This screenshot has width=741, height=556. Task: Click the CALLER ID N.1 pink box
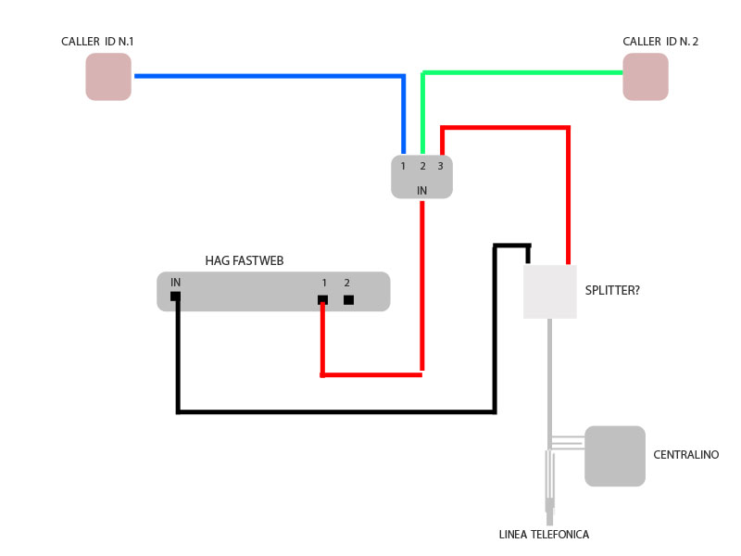click(108, 76)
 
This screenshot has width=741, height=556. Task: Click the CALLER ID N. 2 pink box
click(646, 76)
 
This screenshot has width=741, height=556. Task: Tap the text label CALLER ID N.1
click(98, 42)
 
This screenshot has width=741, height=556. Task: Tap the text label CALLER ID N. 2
click(660, 42)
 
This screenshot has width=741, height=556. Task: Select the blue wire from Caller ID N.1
click(269, 76)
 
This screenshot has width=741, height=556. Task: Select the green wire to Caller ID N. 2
click(519, 71)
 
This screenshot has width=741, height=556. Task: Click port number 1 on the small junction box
click(404, 166)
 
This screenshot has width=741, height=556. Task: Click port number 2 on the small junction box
click(422, 166)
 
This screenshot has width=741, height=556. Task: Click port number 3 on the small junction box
click(440, 166)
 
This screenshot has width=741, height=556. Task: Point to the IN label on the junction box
click(422, 190)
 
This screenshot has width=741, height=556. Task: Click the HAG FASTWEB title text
click(244, 261)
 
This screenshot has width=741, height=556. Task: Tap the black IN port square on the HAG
click(175, 297)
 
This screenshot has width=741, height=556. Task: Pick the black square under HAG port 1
click(322, 299)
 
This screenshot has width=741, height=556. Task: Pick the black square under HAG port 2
click(348, 299)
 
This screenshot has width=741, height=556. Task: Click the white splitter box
click(549, 291)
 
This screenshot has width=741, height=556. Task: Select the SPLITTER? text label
click(612, 290)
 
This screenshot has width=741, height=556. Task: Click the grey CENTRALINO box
click(615, 456)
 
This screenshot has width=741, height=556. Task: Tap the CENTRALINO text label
click(685, 455)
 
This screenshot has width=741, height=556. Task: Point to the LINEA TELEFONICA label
click(544, 535)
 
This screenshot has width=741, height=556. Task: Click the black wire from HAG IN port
click(333, 410)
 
